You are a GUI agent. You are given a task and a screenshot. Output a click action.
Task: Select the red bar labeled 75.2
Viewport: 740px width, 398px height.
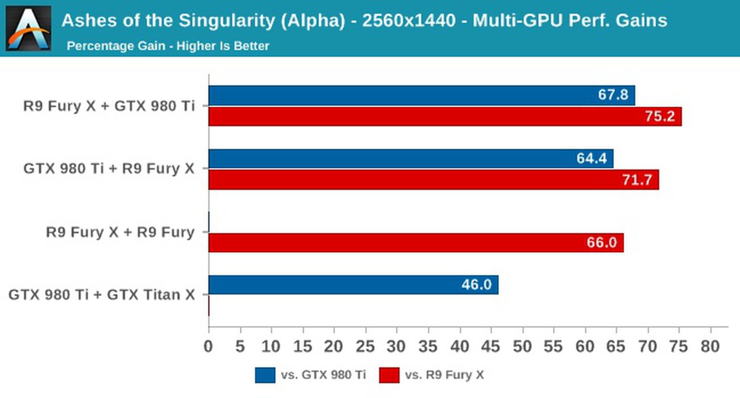[445, 116]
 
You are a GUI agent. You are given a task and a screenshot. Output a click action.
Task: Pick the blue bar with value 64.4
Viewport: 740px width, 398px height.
[411, 158]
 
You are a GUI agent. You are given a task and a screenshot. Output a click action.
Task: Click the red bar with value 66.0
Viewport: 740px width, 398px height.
[416, 242]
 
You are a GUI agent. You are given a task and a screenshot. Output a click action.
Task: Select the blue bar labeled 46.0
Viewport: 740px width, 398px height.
[353, 285]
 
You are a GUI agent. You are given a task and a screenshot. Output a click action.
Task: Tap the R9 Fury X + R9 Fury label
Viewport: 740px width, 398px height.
[120, 232]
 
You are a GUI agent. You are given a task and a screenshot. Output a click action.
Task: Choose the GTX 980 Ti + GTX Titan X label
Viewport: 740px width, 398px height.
[102, 294]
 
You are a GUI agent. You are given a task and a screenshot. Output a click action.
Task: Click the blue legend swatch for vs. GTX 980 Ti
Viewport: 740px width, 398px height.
[265, 375]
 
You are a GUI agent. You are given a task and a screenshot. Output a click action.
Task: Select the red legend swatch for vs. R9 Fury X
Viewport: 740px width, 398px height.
[389, 375]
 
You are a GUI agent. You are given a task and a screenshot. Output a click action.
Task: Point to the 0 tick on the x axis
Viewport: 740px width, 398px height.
[208, 347]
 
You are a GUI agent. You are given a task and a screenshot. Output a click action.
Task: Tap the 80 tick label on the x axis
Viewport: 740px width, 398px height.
[710, 347]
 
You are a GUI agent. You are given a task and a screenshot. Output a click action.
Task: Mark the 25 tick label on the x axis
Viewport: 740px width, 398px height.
[366, 347]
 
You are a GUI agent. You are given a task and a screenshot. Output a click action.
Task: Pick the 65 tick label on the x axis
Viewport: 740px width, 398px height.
[616, 347]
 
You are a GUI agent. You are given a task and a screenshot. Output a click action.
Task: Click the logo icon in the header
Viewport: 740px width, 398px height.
[28, 28]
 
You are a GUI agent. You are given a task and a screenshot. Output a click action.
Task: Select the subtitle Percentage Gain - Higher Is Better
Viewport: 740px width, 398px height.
[168, 46]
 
